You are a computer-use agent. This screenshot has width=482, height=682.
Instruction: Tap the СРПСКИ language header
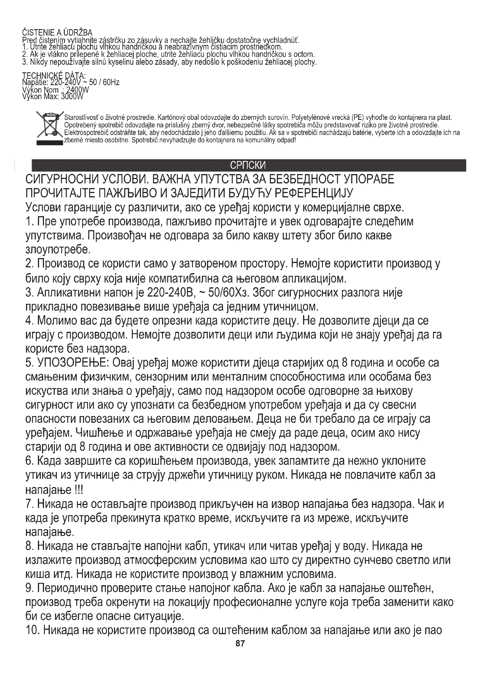pyautogui.click(x=248, y=165)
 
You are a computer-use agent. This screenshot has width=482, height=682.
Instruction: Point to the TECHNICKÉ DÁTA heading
pyautogui.click(x=54, y=76)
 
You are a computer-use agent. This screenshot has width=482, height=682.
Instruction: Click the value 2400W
pyautogui.click(x=78, y=90)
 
